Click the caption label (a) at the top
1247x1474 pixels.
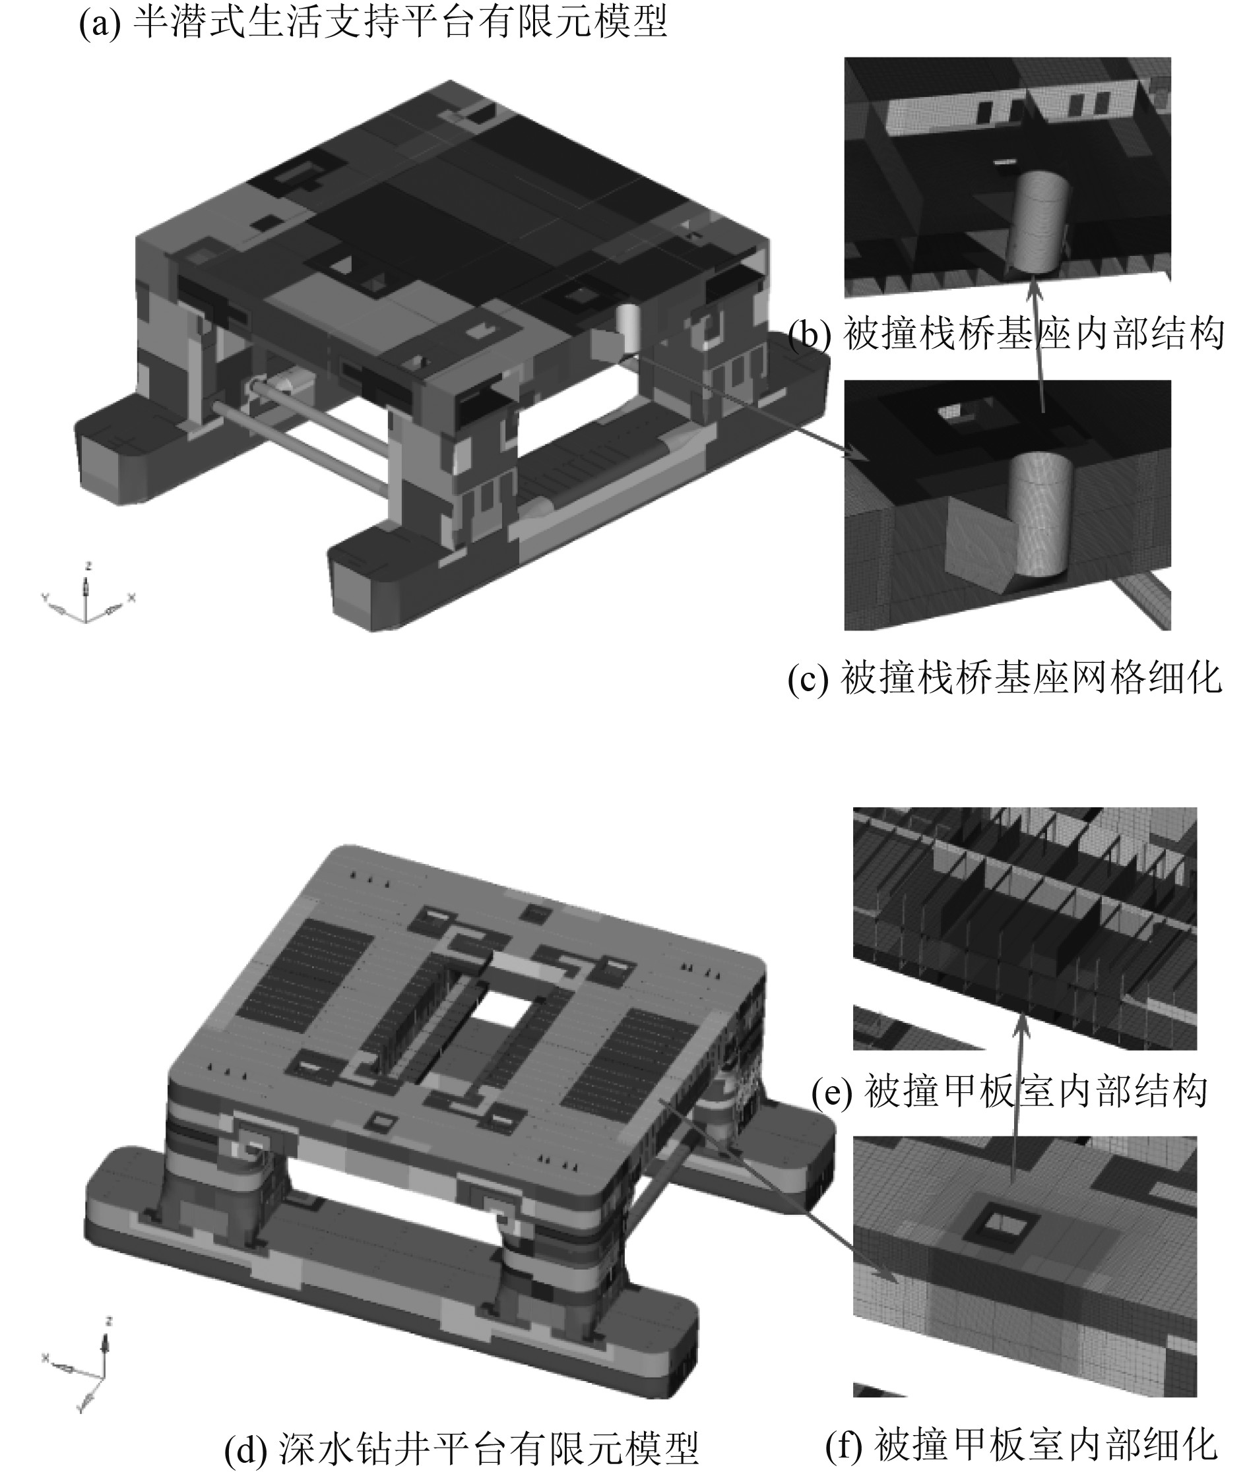99,23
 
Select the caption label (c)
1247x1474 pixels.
809,679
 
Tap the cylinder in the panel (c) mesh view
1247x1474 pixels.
1039,514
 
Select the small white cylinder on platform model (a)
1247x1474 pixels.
627,328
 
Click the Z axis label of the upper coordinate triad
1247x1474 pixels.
88,566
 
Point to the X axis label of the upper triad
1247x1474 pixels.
131,598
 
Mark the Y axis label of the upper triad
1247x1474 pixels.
46,598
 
